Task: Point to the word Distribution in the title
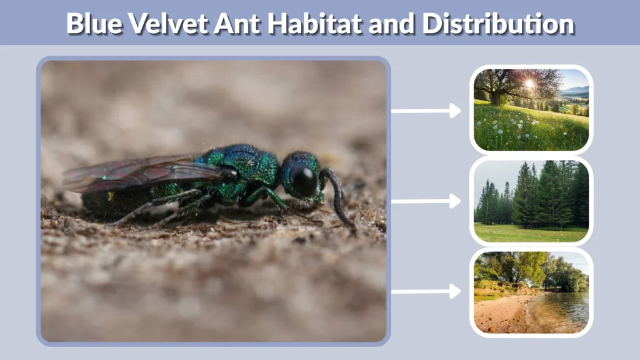(497, 24)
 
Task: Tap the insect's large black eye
(304, 179)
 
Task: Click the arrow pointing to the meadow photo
(426, 111)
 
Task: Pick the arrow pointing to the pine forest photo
(426, 201)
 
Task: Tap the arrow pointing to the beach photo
(426, 291)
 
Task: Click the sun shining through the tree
(529, 84)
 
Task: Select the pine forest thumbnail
(531, 201)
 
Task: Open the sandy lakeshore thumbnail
(531, 292)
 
